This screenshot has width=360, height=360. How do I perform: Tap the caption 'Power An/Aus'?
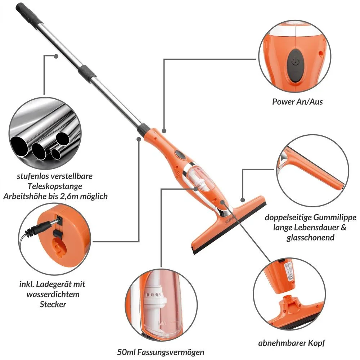pos(297,102)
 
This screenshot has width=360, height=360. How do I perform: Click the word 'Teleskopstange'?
pos(55,186)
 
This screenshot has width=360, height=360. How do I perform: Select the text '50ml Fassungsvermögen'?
pos(161,352)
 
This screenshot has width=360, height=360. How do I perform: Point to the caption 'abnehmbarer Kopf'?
pos(292,343)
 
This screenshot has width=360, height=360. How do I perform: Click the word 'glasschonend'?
pos(310,237)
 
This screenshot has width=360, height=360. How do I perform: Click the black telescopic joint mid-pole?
pos(87,74)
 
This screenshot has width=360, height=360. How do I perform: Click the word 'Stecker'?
pos(53,304)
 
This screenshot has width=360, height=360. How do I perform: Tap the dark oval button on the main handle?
pos(180,154)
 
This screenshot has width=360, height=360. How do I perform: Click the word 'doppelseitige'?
pos(288,217)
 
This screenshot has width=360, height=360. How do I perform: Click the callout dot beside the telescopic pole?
pos(56,56)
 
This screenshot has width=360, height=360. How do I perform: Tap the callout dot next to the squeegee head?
pos(243,200)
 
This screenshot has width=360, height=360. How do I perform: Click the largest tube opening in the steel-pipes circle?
pos(20,145)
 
